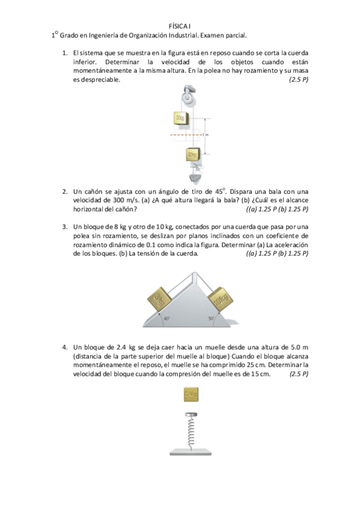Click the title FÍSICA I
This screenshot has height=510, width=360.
tap(180, 26)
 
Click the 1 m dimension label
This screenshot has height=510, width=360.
tap(206, 134)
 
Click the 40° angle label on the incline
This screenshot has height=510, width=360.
tap(167, 319)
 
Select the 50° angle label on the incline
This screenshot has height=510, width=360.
tap(211, 319)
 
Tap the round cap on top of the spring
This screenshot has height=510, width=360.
tap(191, 416)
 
